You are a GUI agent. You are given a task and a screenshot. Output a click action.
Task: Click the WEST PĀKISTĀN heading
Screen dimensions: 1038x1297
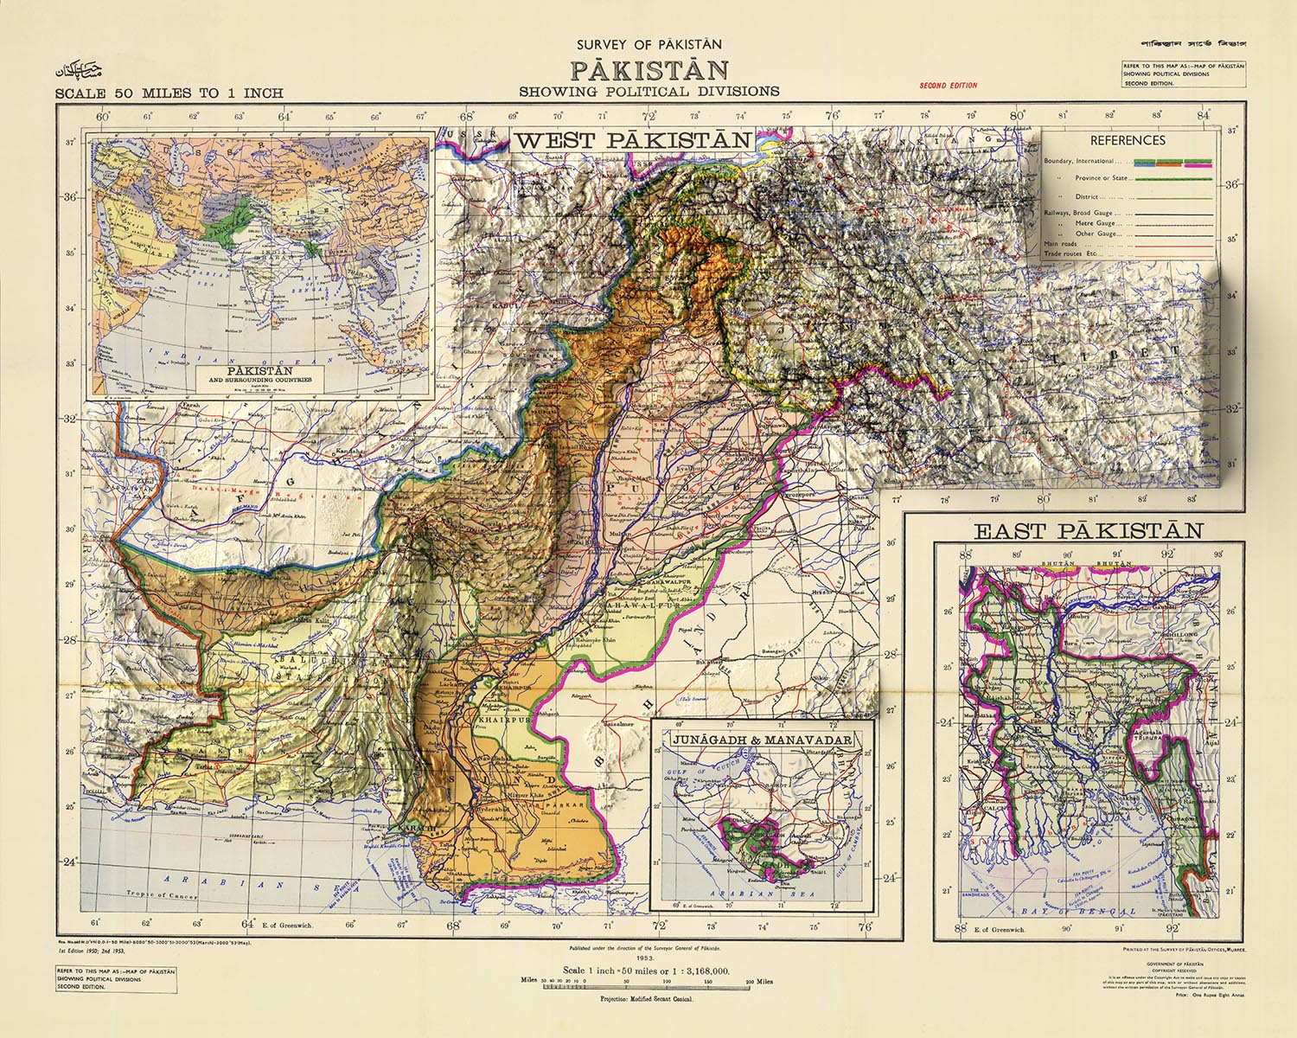tap(633, 140)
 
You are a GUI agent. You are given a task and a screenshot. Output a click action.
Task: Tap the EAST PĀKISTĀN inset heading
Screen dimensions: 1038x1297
tap(1089, 530)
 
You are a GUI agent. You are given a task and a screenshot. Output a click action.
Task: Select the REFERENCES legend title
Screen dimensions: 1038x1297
tap(1127, 140)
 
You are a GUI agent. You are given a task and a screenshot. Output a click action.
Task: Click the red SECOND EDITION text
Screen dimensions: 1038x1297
tap(949, 86)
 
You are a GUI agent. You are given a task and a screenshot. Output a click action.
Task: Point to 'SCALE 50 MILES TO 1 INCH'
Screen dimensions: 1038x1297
tap(169, 93)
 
